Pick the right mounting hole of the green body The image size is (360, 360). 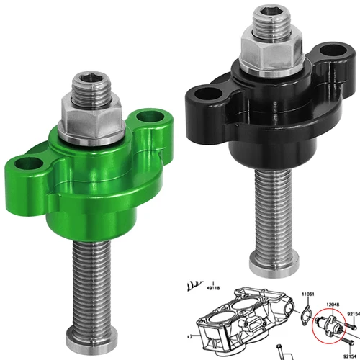click(149, 117)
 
